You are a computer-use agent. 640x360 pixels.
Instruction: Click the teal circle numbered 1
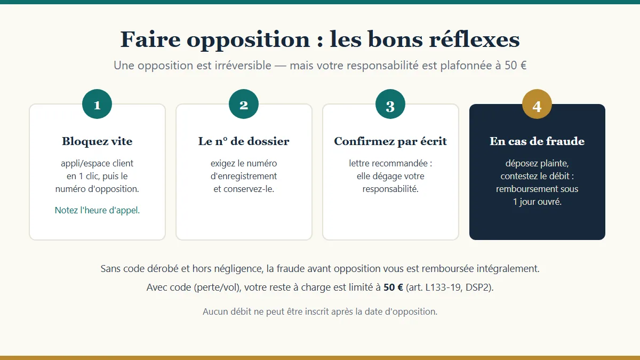tap(97, 104)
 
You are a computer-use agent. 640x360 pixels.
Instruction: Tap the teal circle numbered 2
tap(244, 104)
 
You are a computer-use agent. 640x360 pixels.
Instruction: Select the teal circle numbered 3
tap(390, 104)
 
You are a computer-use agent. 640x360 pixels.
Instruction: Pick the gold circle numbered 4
tap(537, 104)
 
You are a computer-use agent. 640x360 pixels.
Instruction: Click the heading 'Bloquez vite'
tap(97, 141)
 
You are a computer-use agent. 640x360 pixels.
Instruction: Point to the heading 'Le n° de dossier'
tap(244, 141)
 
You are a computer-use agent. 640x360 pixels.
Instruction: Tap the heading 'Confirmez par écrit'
tap(390, 141)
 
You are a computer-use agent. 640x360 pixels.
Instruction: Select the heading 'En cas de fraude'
tap(537, 141)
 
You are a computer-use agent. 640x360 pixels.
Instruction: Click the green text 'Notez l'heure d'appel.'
tap(97, 210)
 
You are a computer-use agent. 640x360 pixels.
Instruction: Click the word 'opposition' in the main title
tap(249, 40)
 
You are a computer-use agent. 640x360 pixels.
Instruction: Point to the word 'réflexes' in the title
tap(474, 39)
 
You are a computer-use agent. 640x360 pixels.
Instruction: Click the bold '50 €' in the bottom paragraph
tap(393, 287)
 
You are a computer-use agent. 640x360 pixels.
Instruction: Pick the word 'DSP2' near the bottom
tap(477, 287)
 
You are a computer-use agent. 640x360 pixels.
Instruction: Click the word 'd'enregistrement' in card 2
tap(244, 177)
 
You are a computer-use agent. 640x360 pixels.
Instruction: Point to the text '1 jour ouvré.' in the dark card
tap(537, 202)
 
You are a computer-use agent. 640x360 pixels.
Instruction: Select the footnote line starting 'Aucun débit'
tap(320, 311)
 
